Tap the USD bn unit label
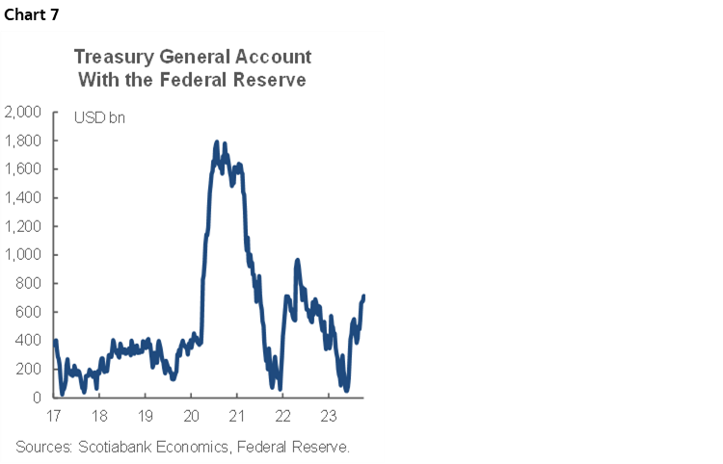click(99, 118)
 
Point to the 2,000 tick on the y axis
click(22, 113)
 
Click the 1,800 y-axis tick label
click(22, 141)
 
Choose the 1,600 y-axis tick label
click(22, 169)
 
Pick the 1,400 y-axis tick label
click(22, 198)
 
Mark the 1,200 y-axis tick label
click(22, 226)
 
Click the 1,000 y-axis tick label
click(22, 255)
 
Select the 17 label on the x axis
click(54, 416)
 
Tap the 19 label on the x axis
click(145, 416)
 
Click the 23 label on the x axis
click(327, 416)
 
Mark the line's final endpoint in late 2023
click(364, 296)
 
